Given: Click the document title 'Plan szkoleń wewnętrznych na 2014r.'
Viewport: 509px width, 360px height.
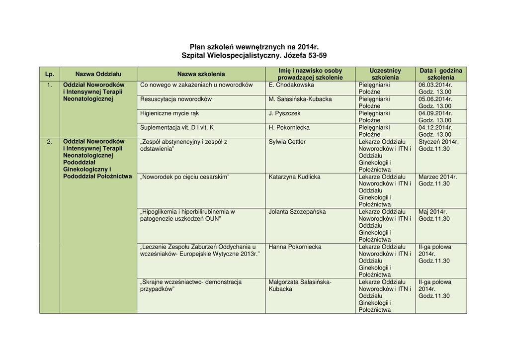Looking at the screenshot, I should pos(254,47).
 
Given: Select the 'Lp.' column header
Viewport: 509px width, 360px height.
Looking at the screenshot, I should pos(49,74).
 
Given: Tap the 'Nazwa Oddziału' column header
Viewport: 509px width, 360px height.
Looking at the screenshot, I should pos(98,74).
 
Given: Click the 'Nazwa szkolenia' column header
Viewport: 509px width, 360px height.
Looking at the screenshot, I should pos(201,74).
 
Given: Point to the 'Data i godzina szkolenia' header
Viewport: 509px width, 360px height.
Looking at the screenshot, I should pos(440,74).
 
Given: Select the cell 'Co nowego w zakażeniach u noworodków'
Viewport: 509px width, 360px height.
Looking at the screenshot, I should pos(196,85).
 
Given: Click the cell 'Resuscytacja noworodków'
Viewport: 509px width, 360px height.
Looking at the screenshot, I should pos(176,99).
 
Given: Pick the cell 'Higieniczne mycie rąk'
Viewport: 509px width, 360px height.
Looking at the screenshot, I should pos(170,113).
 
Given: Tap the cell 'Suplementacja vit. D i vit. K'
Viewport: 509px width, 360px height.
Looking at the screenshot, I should pos(177,128).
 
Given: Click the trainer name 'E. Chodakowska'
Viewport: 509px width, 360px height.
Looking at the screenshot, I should pos(291,85).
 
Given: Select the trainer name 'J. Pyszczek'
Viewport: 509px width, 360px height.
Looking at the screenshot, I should pos(285,113).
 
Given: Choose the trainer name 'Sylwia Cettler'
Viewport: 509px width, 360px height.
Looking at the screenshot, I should pos(287,142).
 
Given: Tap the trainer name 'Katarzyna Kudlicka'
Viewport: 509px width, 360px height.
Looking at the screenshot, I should pos(295,177).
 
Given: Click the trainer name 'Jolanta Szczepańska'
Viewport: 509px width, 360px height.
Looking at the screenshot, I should pos(297,212).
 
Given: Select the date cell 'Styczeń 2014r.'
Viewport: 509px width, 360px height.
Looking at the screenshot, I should pos(438,142).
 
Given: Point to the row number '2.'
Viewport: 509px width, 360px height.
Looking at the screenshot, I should pos(49,142).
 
